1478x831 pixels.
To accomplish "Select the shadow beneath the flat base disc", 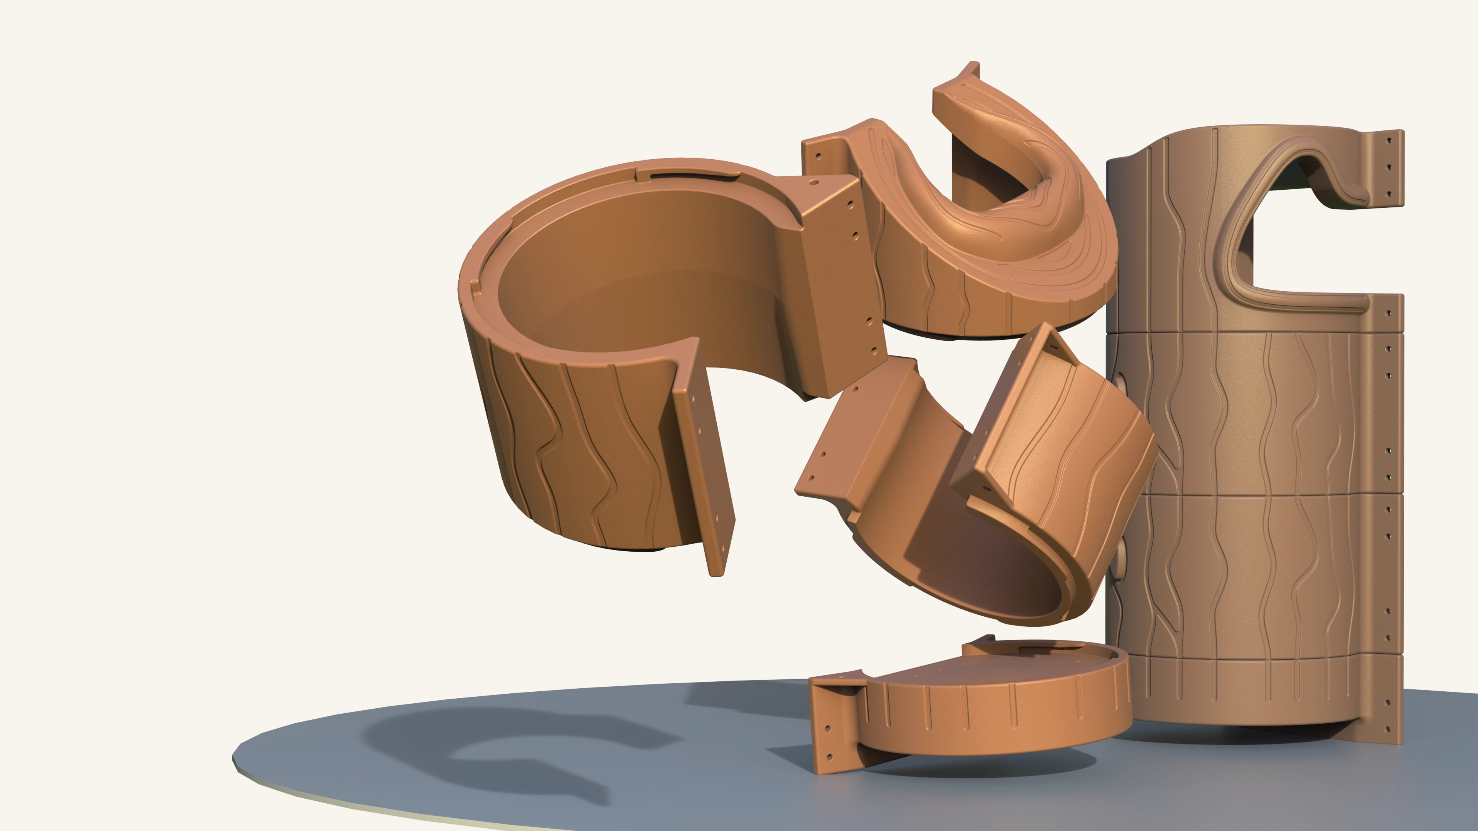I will pos(975,766).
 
